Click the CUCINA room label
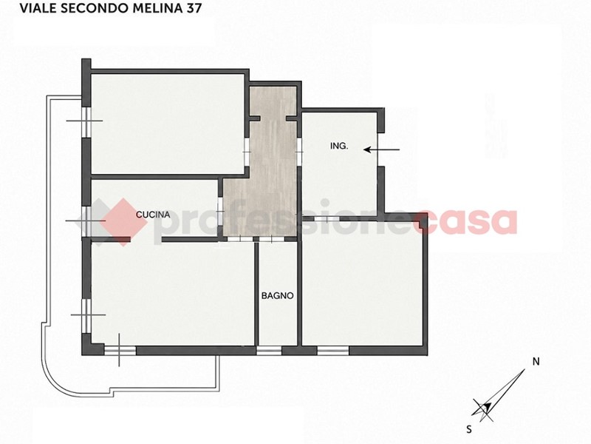point(153,215)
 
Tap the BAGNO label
point(278,295)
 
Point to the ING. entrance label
point(339,146)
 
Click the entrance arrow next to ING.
point(381,150)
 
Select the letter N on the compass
point(536,361)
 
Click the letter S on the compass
point(469,429)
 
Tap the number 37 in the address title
point(193,8)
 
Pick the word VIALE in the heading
point(38,8)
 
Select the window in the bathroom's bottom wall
point(269,351)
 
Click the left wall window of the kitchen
point(86,221)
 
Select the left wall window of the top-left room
point(86,121)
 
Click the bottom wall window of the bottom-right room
point(333,351)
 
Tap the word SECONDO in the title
point(95,8)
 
